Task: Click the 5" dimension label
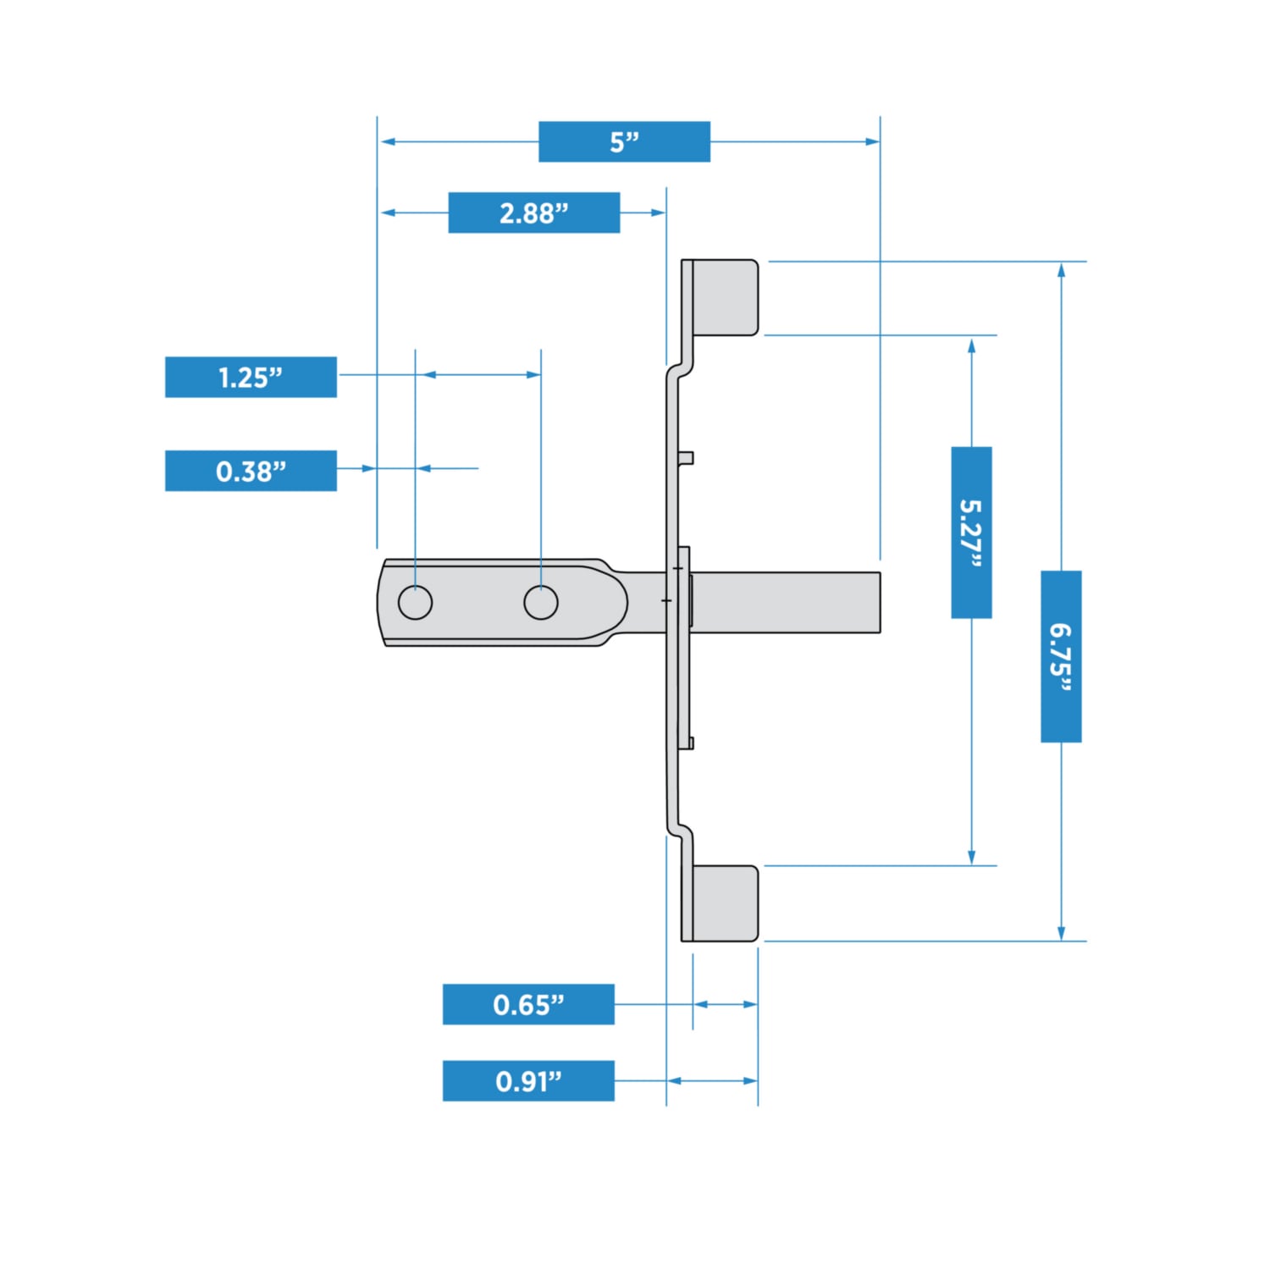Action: [x=624, y=141]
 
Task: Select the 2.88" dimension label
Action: [x=533, y=213]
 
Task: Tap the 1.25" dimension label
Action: [x=251, y=377]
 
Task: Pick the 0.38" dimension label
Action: [x=251, y=471]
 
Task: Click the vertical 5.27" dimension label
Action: [x=971, y=533]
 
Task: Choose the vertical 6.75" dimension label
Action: [x=1061, y=656]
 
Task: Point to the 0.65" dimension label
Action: [x=528, y=1004]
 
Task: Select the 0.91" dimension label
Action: [x=528, y=1080]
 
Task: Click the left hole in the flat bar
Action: [x=415, y=602]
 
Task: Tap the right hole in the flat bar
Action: [x=541, y=602]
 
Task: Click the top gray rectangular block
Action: [x=725, y=297]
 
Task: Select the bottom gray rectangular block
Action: [x=725, y=903]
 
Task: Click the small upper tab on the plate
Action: [x=687, y=458]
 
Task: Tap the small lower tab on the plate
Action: [x=687, y=743]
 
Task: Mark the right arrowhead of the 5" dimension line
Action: [x=873, y=141]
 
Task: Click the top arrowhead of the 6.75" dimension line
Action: [x=1061, y=269]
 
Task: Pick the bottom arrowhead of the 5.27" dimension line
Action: [x=971, y=858]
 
